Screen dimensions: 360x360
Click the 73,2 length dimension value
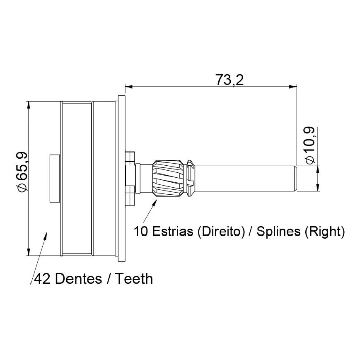pos(229,80)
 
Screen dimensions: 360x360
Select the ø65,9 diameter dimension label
pos(22,172)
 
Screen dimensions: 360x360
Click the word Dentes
pos(78,279)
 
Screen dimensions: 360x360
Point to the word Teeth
pos(134,279)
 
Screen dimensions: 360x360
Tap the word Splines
pos(278,232)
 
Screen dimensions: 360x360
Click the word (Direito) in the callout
pos(221,232)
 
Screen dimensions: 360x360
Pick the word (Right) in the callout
pos(325,232)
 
